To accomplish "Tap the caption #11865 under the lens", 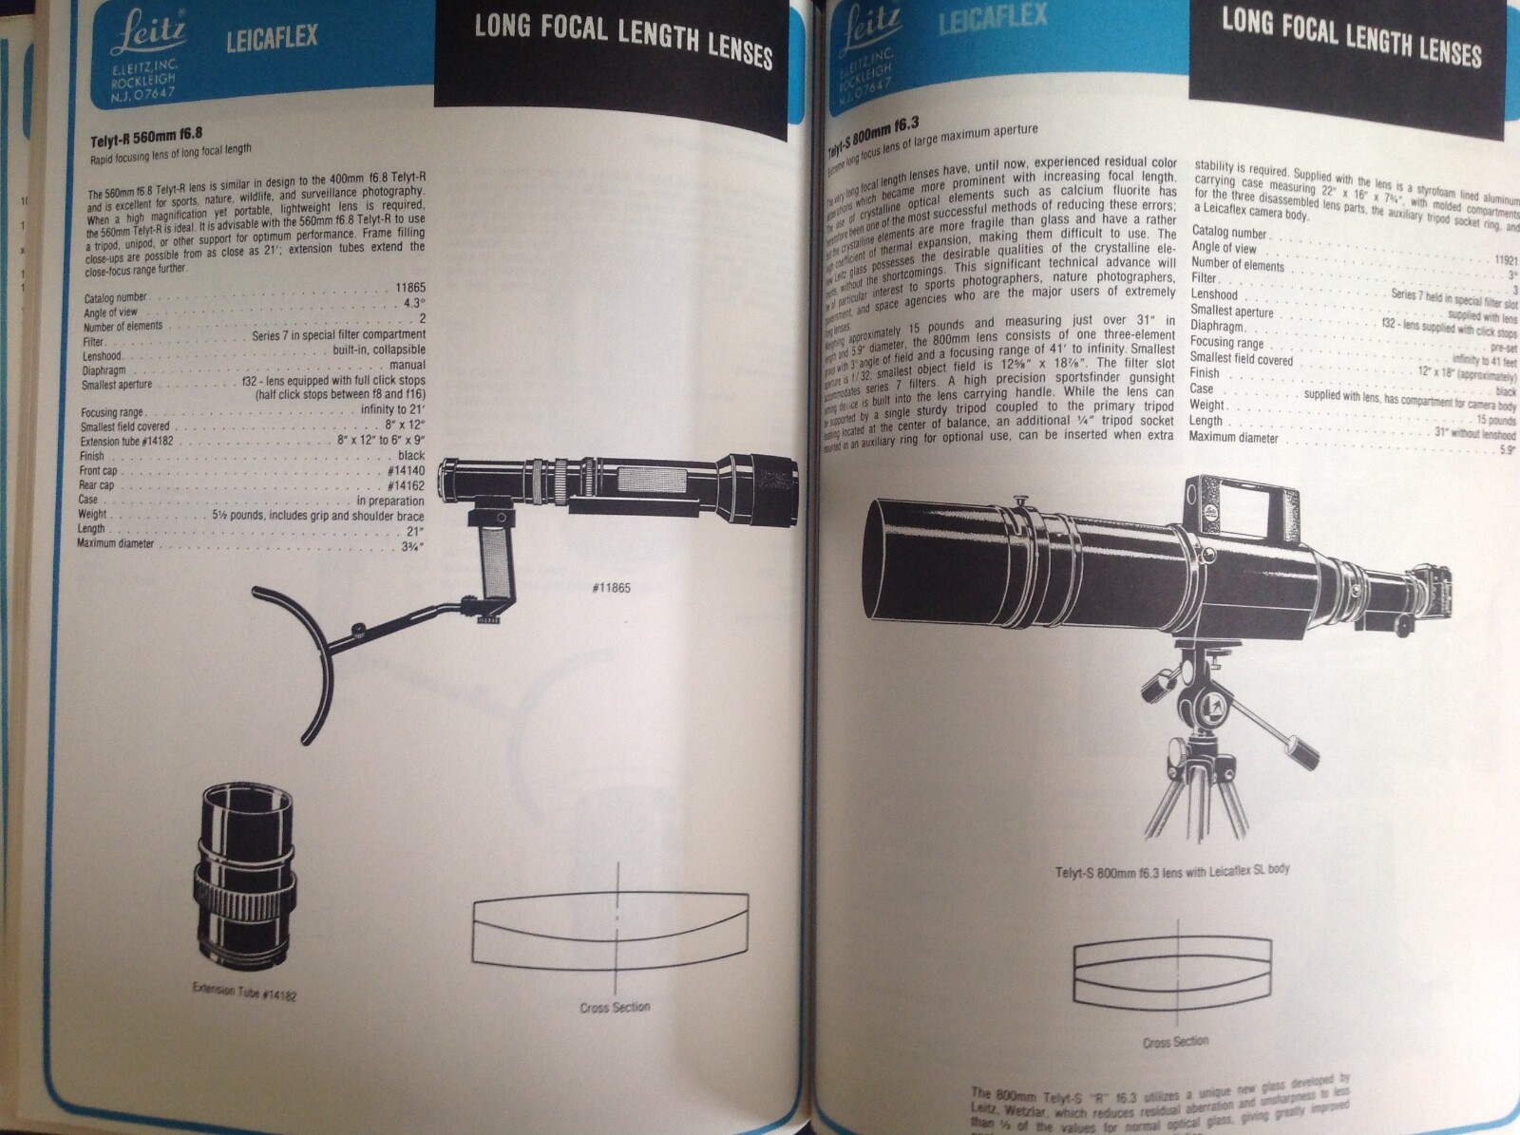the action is [611, 587].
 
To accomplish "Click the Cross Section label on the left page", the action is [615, 1006].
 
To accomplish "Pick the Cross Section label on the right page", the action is [1175, 1041].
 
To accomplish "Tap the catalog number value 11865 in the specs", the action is [410, 287].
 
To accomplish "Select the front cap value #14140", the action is [406, 470].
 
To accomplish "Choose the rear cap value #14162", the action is [406, 485].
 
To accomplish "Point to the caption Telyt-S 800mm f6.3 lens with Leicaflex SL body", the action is [1172, 870].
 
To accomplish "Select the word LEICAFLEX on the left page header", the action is [271, 40].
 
